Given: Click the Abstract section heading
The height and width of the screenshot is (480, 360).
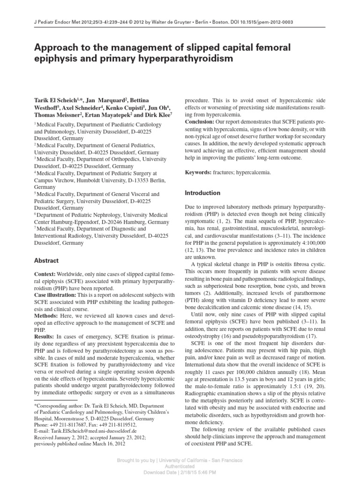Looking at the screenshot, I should click(46, 261).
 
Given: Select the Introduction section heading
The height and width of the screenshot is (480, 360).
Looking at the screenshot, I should click(202, 193).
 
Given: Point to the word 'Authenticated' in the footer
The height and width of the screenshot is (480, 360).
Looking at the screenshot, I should click(180, 467).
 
